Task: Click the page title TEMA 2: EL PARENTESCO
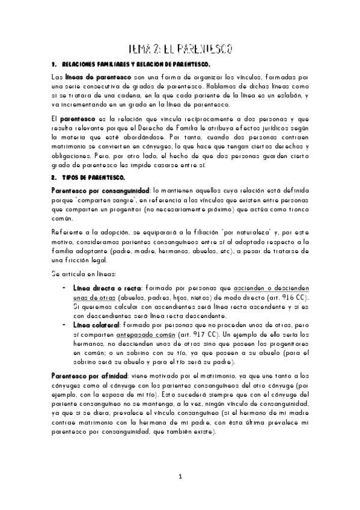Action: (180, 48)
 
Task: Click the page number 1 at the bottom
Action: (180, 477)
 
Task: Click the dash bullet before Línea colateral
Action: (65, 325)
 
